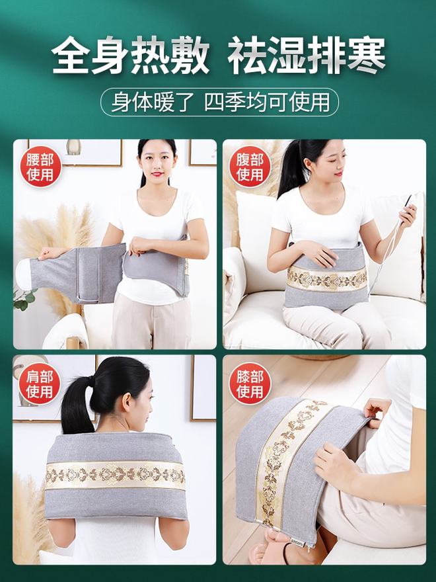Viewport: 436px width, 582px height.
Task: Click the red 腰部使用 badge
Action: tap(40, 167)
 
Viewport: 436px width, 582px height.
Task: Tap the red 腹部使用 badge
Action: tap(250, 167)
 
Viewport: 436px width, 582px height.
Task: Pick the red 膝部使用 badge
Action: tap(250, 384)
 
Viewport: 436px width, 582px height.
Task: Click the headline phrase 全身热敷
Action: tap(130, 56)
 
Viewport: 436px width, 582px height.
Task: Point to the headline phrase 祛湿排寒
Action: tap(307, 56)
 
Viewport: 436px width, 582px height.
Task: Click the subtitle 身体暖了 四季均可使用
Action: tap(219, 102)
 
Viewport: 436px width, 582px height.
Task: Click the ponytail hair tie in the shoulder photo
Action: tap(91, 380)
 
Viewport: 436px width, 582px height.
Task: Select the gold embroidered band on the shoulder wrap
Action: tap(116, 475)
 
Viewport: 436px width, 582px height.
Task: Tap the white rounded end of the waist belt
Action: tap(23, 272)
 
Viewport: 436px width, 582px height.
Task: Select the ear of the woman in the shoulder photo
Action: tap(127, 403)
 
